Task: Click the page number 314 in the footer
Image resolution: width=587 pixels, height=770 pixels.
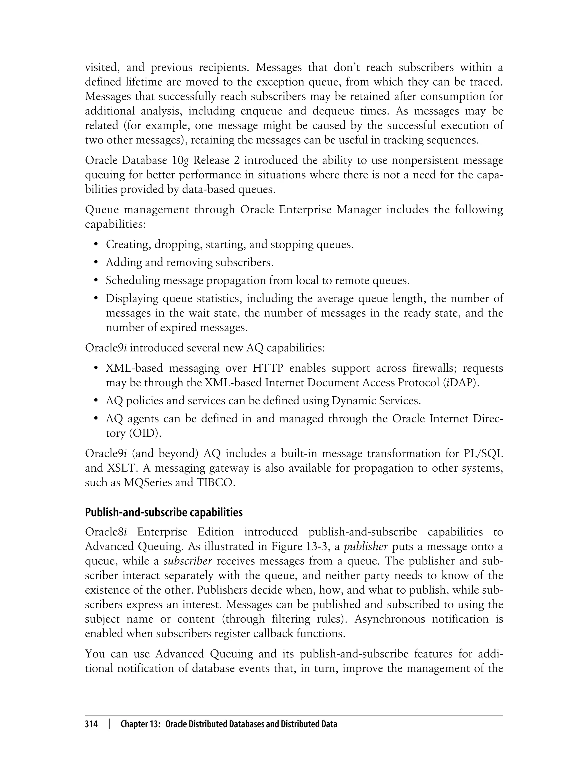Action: click(91, 724)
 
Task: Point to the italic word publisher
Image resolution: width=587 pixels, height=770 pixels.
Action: click(366, 547)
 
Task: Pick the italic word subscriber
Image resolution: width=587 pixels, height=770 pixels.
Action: click(188, 561)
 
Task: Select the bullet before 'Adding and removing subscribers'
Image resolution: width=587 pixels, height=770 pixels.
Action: click(96, 263)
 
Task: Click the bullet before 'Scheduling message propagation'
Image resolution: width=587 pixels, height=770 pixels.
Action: click(96, 281)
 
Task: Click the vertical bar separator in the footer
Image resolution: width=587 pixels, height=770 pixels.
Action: click(109, 724)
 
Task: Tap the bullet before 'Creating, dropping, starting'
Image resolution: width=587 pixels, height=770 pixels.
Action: click(96, 244)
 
